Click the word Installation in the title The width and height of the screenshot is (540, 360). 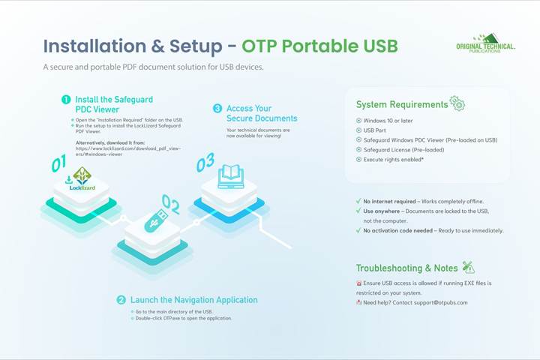coord(97,46)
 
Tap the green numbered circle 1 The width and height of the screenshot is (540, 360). coord(66,99)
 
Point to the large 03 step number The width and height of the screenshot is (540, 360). coord(205,162)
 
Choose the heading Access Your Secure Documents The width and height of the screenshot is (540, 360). coord(262,113)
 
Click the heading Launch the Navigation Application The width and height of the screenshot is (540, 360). coord(193,300)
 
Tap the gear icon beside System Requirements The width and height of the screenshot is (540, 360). coord(457,103)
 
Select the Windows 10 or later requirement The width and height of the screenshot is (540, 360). coord(389,121)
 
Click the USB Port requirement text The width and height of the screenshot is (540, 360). coord(379,130)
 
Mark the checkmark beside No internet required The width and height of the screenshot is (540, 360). coord(358,202)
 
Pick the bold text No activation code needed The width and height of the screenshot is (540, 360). coord(399,230)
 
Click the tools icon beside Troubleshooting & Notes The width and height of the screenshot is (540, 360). coord(469,268)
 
